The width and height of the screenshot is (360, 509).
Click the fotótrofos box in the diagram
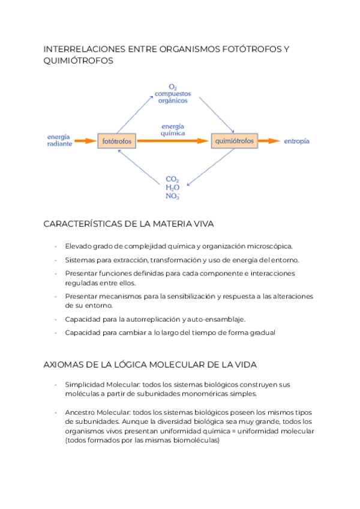point(117,142)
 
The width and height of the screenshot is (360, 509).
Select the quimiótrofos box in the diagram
point(233,141)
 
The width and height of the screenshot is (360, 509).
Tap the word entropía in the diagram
point(296,141)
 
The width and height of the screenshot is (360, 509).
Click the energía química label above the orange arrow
point(173,129)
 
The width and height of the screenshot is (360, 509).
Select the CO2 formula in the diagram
point(172,178)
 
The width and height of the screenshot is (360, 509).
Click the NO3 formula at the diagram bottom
point(172,196)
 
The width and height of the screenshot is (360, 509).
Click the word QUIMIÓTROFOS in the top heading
point(78,61)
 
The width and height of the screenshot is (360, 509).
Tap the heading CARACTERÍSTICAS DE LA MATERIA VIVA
point(129,224)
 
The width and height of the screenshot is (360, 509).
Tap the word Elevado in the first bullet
point(79,246)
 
